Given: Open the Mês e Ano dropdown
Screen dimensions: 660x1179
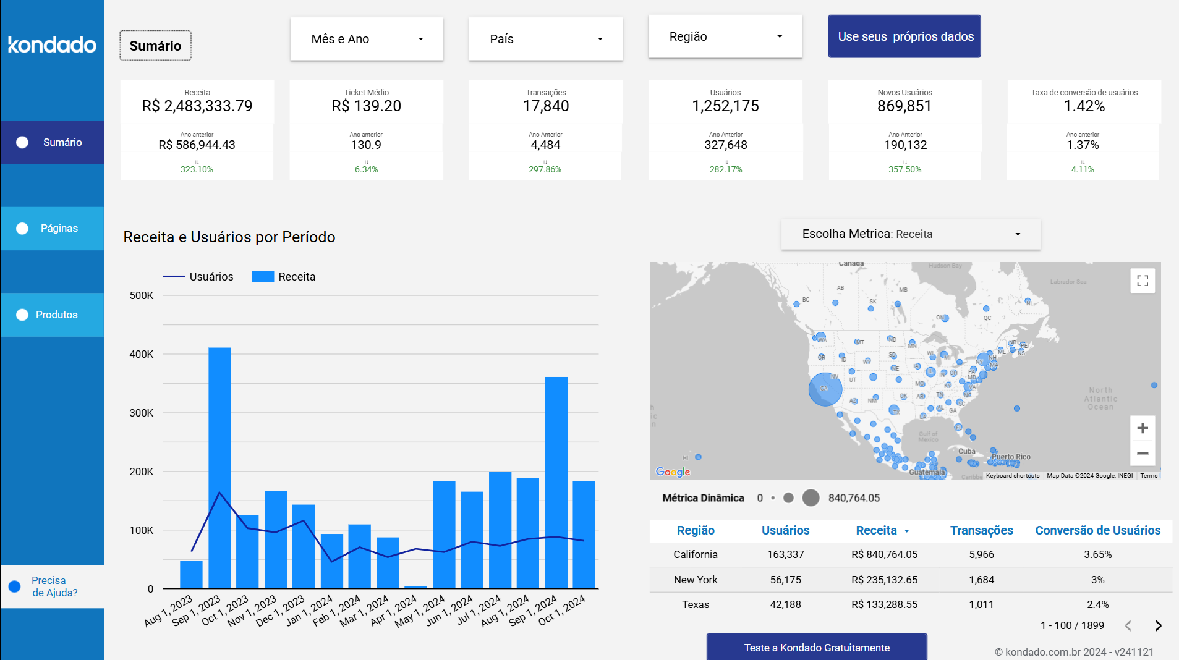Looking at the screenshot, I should coord(367,39).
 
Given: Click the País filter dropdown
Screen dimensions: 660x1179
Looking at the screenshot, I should coord(545,39).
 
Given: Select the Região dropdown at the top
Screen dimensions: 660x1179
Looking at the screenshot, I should coord(725,36).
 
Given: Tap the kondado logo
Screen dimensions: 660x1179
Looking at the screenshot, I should coord(52,44).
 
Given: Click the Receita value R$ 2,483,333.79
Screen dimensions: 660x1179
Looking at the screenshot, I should coord(197,106).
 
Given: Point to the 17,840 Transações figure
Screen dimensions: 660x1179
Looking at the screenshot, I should coord(545,106).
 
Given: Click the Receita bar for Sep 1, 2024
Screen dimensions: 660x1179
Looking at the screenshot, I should coord(556,482).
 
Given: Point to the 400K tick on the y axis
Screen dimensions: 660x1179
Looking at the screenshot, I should coord(142,354).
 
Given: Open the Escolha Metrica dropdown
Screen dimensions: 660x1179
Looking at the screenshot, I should coord(910,234).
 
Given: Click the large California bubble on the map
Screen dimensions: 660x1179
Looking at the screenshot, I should coord(825,389).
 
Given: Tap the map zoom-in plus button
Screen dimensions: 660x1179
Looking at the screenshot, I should coord(1142,428).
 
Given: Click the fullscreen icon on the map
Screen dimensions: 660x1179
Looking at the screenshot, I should coord(1142,281).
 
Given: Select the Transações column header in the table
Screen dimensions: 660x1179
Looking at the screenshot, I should coord(981,530).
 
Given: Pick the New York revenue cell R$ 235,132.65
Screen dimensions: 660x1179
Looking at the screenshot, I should coord(884,580).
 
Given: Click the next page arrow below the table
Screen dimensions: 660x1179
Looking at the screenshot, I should coord(1158,625).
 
